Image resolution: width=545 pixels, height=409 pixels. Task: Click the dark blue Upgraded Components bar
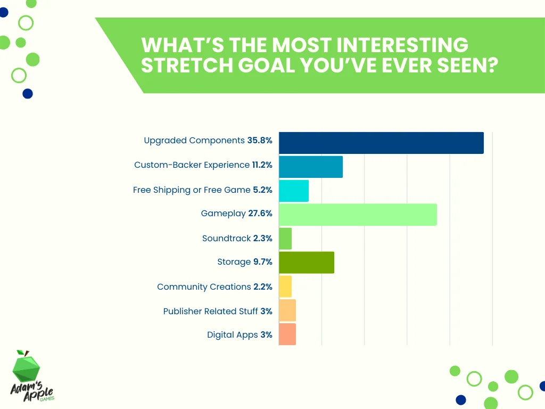381,143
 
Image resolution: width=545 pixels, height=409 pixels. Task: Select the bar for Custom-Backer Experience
311,167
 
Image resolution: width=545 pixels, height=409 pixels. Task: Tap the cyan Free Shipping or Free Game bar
294,191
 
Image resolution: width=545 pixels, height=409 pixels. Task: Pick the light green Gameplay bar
358,215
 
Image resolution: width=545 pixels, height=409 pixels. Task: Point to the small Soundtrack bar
285,239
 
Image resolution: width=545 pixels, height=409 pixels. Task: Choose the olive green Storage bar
307,263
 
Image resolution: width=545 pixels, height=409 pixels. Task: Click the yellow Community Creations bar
285,287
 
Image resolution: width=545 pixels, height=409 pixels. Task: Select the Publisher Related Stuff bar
287,310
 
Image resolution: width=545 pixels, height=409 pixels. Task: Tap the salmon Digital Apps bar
287,334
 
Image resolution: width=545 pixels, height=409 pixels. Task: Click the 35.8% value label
260,141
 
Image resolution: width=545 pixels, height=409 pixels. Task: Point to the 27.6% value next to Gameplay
260,214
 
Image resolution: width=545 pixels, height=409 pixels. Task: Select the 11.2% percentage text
262,165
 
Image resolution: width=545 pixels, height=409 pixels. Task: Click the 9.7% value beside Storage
263,262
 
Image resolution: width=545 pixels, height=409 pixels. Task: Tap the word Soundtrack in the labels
226,239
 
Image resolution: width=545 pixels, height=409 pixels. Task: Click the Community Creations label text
204,287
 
